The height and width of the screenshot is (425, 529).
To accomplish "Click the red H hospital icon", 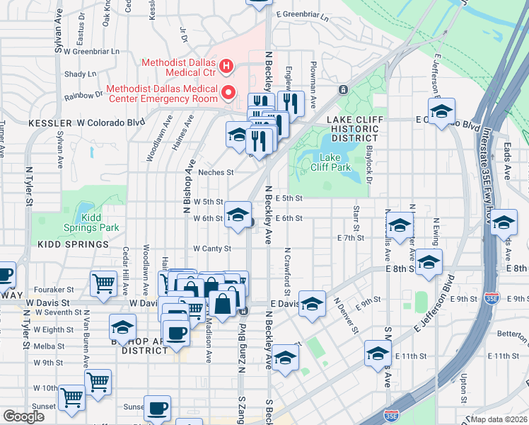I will (x=226, y=67).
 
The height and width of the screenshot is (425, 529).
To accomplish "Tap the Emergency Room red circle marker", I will (x=228, y=93).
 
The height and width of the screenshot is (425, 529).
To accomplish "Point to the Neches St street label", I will (x=215, y=172).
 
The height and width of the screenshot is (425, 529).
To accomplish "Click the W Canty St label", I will (x=212, y=249).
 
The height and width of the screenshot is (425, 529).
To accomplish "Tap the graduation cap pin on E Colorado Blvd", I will (x=441, y=112).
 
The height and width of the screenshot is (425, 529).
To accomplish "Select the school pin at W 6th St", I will (x=238, y=213).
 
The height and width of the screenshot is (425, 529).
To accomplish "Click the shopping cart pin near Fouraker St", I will (x=104, y=283).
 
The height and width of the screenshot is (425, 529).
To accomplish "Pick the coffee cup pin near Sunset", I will (x=157, y=407).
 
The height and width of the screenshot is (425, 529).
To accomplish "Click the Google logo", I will (x=24, y=416).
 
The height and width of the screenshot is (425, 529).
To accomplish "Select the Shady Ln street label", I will (x=80, y=74).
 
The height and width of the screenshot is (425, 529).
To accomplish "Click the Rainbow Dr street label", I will (x=83, y=95).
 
